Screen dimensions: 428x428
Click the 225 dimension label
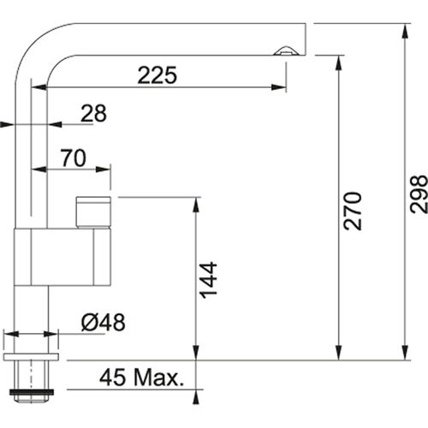pos(158,75)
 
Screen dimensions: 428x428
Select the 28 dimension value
pos(93,113)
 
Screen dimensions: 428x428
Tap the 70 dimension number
pos(73,158)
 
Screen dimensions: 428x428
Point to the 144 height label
pos(209,280)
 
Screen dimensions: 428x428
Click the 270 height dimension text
pos(353,211)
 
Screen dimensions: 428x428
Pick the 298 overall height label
pos(419,194)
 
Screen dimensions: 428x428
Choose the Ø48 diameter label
pos(103,323)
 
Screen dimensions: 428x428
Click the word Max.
pos(159,377)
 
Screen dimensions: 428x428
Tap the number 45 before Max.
pos(112,377)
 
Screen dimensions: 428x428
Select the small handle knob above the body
pos(93,212)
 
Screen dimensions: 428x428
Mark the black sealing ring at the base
pos(32,392)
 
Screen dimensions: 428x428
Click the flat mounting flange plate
pos(31,356)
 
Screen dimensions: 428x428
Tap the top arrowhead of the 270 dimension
pos(338,62)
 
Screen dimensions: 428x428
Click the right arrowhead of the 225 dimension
pos(279,87)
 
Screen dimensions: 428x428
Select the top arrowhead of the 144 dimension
pos(196,205)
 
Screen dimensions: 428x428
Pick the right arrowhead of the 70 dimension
pos(103,169)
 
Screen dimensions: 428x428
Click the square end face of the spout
pos(306,39)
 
